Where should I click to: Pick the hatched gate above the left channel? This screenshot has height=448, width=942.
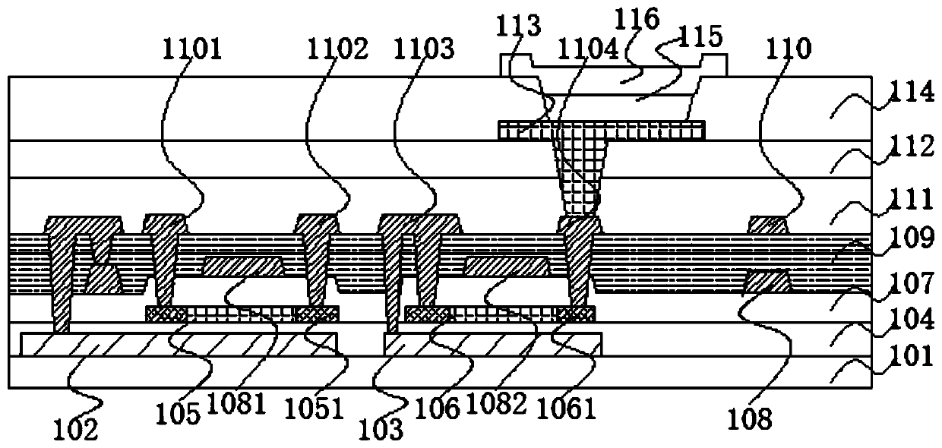[x=244, y=266]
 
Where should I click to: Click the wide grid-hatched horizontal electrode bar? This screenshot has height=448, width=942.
[x=601, y=130]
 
